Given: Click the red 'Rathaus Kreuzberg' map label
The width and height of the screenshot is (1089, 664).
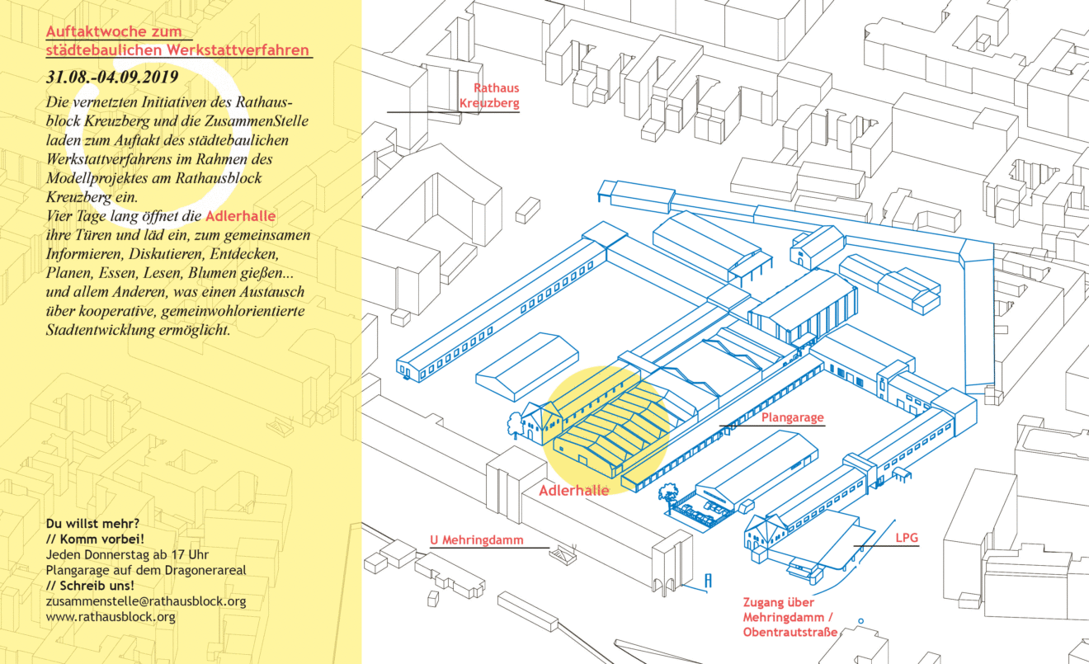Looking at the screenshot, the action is (489, 96).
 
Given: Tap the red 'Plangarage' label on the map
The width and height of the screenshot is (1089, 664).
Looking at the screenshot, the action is (793, 417).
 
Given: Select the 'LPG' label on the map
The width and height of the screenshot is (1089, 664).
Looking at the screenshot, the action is (907, 538).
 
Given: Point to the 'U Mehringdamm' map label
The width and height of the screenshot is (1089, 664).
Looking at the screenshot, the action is (477, 540).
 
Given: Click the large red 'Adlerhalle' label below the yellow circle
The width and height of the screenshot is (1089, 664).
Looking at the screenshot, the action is (573, 491).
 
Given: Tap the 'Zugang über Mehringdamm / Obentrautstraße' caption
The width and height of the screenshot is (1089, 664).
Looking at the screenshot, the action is (790, 617).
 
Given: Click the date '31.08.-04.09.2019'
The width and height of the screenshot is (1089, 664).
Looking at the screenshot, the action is (112, 78).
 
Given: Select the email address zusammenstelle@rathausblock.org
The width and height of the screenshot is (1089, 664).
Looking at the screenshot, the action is (146, 601).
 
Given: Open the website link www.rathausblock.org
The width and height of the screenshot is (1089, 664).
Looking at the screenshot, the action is (111, 617).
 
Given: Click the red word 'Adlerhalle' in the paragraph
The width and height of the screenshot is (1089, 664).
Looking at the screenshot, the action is (240, 216).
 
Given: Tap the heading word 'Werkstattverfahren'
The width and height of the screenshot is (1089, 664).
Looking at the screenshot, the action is (238, 50).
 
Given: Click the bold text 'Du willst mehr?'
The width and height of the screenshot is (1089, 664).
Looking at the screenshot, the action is (93, 524).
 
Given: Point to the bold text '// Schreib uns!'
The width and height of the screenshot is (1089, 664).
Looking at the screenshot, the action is (90, 586).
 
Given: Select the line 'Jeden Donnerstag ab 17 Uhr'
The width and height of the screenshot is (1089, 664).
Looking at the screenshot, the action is (127, 554).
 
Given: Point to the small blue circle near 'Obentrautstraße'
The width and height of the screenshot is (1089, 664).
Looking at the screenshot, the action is (861, 621).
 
